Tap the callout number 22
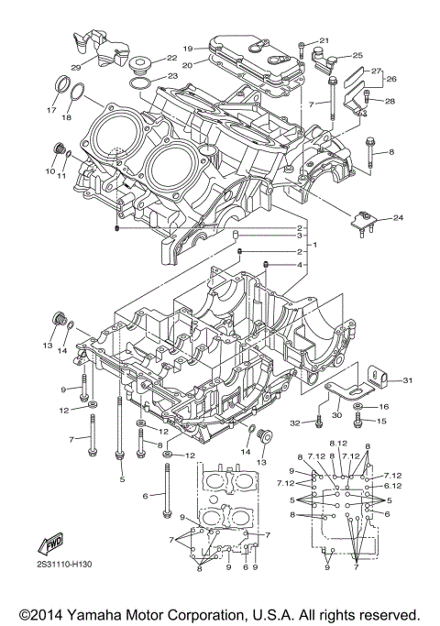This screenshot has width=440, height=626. point(171,58)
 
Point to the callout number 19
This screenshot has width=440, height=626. point(187,48)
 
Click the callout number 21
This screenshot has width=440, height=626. point(324,40)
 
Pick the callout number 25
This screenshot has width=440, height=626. point(357,55)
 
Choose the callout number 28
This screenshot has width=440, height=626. point(390,101)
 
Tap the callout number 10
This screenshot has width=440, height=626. point(49,170)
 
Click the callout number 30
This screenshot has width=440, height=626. point(335,415)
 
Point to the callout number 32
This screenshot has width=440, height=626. point(295,423)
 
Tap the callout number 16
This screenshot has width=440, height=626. point(384,405)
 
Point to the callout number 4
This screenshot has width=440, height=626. point(299,265)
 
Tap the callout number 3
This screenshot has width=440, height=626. point(299,236)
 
